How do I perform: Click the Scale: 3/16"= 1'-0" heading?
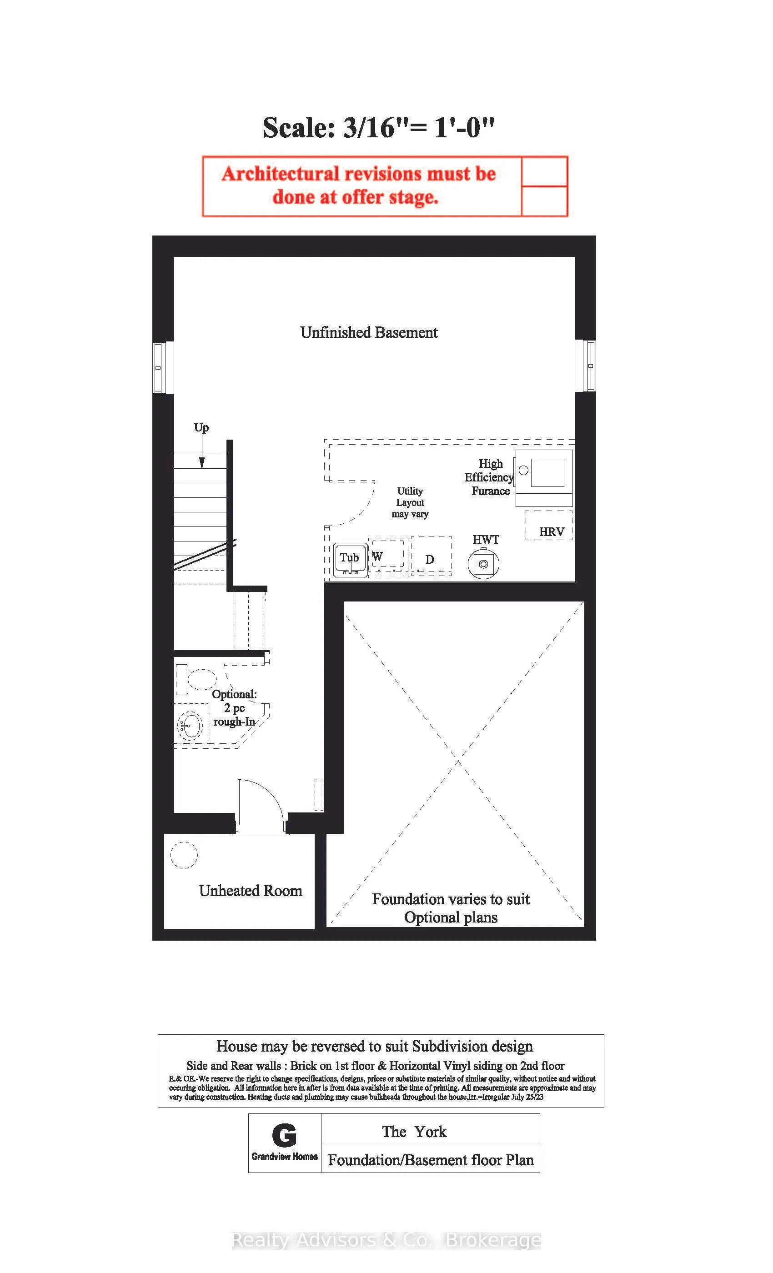click(x=378, y=127)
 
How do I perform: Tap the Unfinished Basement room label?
click(x=368, y=332)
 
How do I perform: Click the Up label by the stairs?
click(x=201, y=428)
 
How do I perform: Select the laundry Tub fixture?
click(x=350, y=560)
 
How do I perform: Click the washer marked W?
click(x=387, y=557)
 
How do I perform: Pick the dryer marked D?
click(x=432, y=556)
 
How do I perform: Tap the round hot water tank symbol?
click(x=483, y=564)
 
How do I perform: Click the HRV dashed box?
click(x=549, y=526)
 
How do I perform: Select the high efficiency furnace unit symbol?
click(x=543, y=478)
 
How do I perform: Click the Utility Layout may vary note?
click(x=410, y=502)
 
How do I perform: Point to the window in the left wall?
click(x=160, y=367)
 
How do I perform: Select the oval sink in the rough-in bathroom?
click(x=190, y=727)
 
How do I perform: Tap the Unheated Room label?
click(x=250, y=890)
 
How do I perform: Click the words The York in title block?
click(x=414, y=1132)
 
